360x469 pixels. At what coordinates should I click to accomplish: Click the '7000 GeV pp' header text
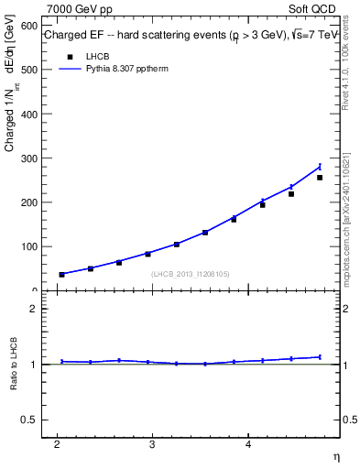[x=80, y=8]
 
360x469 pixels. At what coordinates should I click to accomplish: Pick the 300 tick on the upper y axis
[x=30, y=158]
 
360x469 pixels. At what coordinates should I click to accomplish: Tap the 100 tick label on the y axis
[x=30, y=246]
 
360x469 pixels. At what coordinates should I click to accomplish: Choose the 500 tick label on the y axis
[x=30, y=70]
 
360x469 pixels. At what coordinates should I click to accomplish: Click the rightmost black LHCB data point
[x=320, y=178]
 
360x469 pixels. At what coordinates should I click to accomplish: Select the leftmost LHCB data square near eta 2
[x=62, y=275]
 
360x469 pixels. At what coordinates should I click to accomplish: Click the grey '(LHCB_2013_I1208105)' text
[x=190, y=273]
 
